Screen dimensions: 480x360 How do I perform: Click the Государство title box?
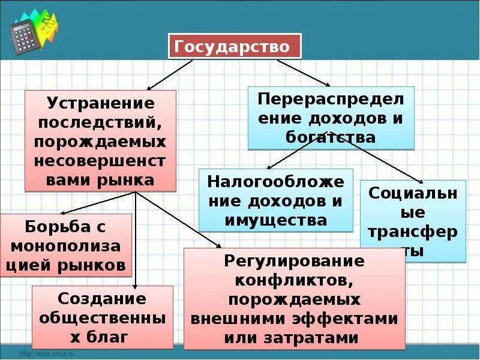pyautogui.click(x=235, y=46)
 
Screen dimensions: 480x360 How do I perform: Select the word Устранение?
pyautogui.click(x=101, y=103)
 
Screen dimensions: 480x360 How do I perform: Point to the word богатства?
pyautogui.click(x=331, y=137)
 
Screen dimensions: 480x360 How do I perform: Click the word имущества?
pyautogui.click(x=276, y=220)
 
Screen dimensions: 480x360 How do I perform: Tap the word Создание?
pyautogui.click(x=102, y=298)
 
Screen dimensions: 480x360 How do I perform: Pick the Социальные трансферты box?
pyautogui.click(x=413, y=221)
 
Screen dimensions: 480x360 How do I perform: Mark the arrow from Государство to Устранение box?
pyautogui.click(x=170, y=74)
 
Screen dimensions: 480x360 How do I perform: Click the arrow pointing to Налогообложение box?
pyautogui.click(x=294, y=150)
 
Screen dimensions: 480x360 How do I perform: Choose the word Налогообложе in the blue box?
pyautogui.click(x=276, y=181)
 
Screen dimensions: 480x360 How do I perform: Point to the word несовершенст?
pyautogui.click(x=101, y=161)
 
